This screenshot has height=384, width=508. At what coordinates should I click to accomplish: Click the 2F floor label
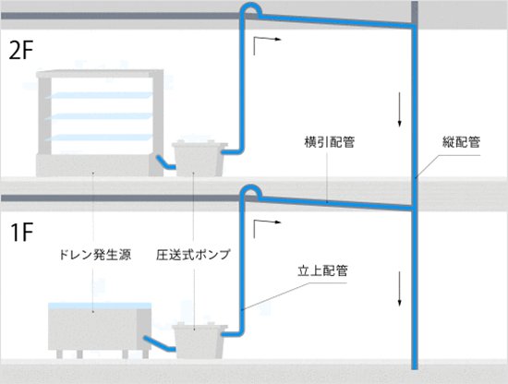tap(21, 51)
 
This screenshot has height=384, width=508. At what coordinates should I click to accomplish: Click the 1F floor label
tap(22, 233)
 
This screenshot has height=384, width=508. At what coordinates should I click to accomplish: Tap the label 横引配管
tap(330, 142)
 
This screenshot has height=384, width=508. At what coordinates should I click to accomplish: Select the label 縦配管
tap(461, 142)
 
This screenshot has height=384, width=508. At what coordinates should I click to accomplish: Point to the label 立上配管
tap(322, 270)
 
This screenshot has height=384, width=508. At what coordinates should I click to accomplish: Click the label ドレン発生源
tap(95, 255)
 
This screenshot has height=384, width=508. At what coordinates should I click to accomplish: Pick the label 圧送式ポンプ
tap(193, 255)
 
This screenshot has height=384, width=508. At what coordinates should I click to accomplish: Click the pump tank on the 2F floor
tap(200, 159)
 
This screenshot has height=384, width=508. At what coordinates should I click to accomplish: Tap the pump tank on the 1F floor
tap(200, 341)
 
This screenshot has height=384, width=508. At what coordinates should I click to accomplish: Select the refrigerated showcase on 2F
tap(100, 123)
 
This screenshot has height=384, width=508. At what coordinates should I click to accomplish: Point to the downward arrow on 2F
tap(399, 109)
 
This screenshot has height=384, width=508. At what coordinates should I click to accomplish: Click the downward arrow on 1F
tap(399, 289)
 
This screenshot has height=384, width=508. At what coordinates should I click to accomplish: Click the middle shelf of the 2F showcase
tap(99, 116)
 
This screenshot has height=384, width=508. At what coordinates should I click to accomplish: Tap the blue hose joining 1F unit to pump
tap(160, 344)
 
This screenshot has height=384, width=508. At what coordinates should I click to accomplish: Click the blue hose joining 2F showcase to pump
tap(165, 162)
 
